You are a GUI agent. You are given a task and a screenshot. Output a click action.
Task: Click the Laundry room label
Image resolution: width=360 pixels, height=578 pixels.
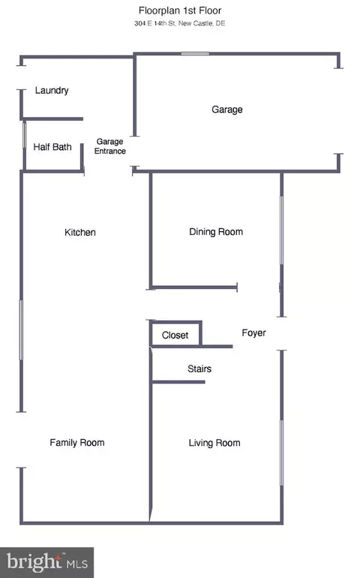pyautogui.click(x=52, y=90)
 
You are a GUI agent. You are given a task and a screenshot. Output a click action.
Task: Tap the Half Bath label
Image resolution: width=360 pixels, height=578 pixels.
pyautogui.click(x=52, y=146)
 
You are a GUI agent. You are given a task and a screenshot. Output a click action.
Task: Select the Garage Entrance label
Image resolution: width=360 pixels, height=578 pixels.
pyautogui.click(x=109, y=146)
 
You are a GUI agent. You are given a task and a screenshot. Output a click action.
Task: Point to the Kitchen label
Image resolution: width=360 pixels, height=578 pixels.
pyautogui.click(x=80, y=232)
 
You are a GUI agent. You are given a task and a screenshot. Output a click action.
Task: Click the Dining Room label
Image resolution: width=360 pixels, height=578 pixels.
pyautogui.click(x=216, y=231)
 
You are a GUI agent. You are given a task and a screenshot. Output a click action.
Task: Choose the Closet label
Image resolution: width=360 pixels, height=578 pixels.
pyautogui.click(x=175, y=335)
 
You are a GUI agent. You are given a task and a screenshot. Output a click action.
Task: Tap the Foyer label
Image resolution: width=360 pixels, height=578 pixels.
pyautogui.click(x=254, y=333)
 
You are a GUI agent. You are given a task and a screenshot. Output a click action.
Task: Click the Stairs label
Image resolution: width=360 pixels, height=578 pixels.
pyautogui.click(x=199, y=369)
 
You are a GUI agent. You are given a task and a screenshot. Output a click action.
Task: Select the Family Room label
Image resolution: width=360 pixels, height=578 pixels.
pyautogui.click(x=77, y=442)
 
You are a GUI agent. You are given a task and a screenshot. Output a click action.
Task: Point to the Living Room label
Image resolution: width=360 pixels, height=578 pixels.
pyautogui.click(x=214, y=443)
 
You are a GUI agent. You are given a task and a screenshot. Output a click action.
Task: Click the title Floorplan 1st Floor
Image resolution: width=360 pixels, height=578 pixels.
pyautogui.click(x=180, y=11)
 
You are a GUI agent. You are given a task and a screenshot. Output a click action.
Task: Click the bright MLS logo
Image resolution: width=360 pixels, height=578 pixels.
pyautogui.click(x=46, y=562)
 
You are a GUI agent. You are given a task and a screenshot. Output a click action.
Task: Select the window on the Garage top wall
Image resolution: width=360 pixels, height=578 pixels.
pyautogui.click(x=195, y=54)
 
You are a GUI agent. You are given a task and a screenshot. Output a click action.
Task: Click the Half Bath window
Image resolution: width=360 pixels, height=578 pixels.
pyautogui.click(x=25, y=135)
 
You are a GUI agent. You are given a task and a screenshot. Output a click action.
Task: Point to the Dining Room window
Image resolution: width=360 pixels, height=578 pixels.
pyautogui.click(x=282, y=230)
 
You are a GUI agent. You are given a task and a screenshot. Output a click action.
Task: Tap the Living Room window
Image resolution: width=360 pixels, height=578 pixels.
pyautogui.click(x=282, y=453)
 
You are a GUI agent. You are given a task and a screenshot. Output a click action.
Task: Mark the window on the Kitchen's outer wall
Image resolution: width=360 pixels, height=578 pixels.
pyautogui.click(x=21, y=330)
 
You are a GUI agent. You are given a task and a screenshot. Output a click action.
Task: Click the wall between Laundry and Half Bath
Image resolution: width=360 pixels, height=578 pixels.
pyautogui.click(x=52, y=119)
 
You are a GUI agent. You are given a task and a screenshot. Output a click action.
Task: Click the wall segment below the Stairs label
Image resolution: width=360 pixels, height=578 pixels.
pyautogui.click(x=178, y=382)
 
